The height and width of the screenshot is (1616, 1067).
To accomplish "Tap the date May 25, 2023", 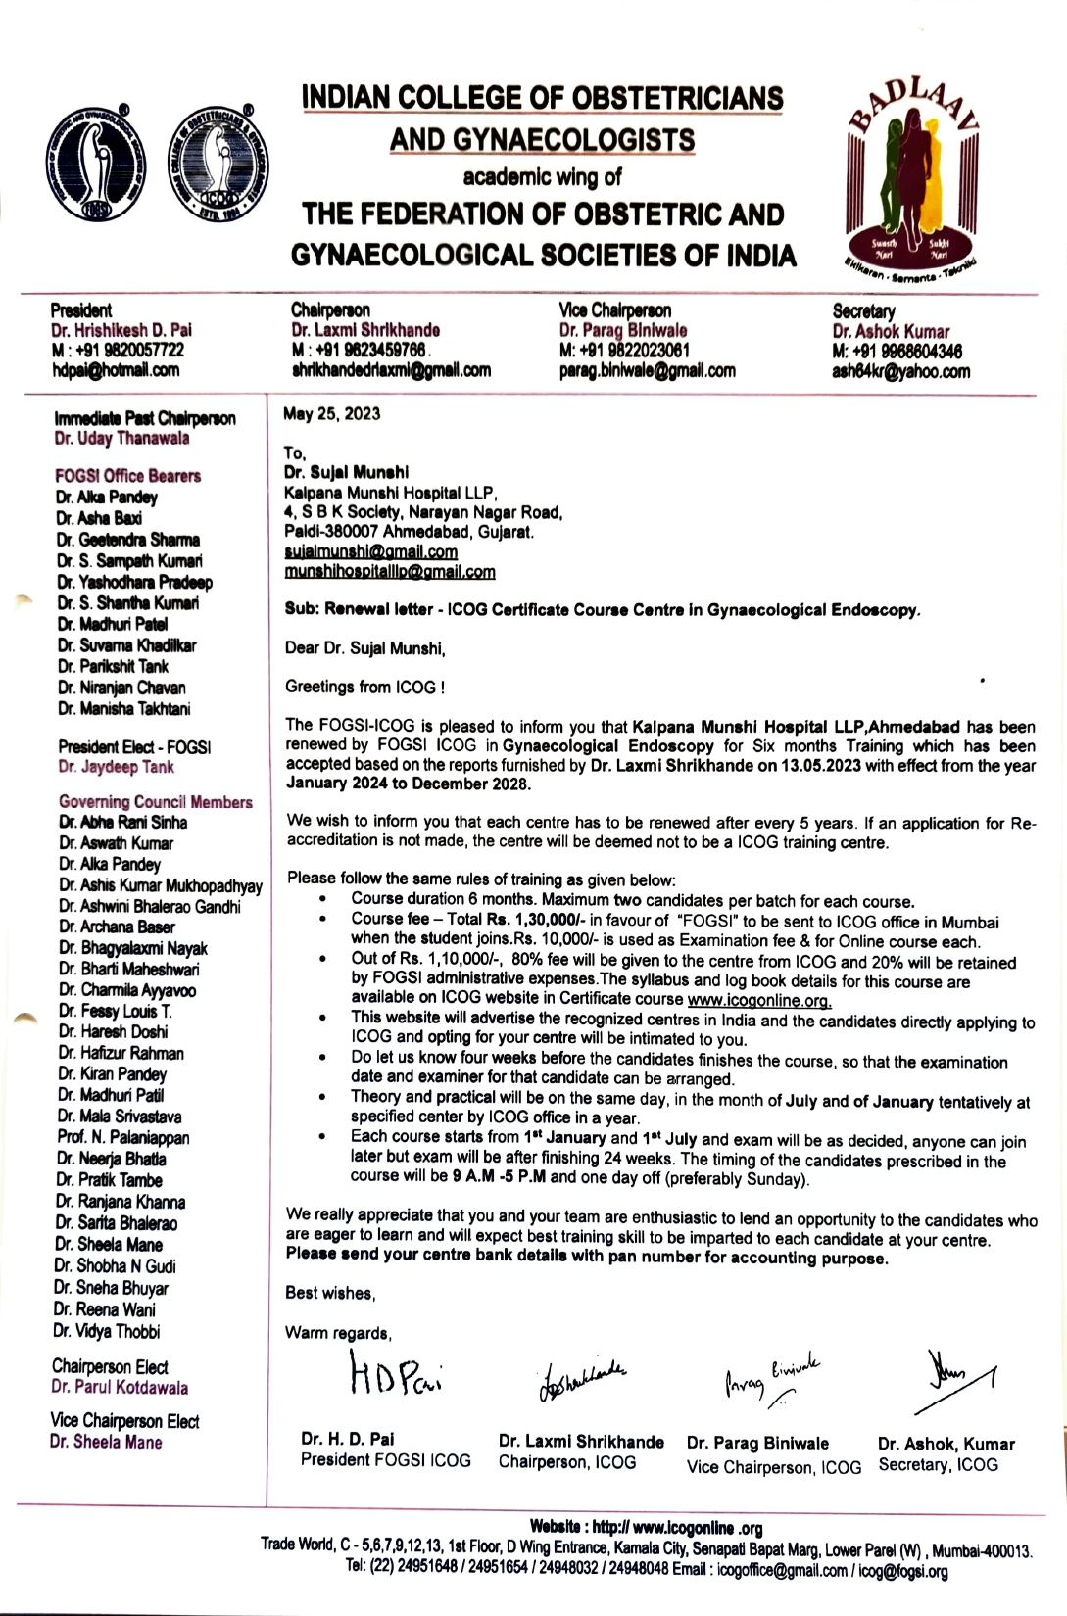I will pos(331,414).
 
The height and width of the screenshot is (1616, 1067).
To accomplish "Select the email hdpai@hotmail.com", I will pos(115,370).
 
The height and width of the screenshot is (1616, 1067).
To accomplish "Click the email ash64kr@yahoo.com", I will pos(900,371).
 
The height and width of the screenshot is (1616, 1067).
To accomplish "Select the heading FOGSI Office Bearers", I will pos(127,476).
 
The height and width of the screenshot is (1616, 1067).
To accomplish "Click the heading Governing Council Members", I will pos(155,802).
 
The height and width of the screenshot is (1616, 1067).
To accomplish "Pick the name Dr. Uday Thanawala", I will pos(121,439).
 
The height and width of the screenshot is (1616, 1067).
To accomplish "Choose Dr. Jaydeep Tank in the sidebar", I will pos(116,767).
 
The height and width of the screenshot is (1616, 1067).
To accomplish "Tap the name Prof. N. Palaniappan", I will pos(122,1138).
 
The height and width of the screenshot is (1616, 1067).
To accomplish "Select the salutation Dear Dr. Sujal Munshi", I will pos(364,647).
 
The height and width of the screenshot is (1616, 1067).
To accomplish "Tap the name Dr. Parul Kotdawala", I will pos(120,1388).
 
